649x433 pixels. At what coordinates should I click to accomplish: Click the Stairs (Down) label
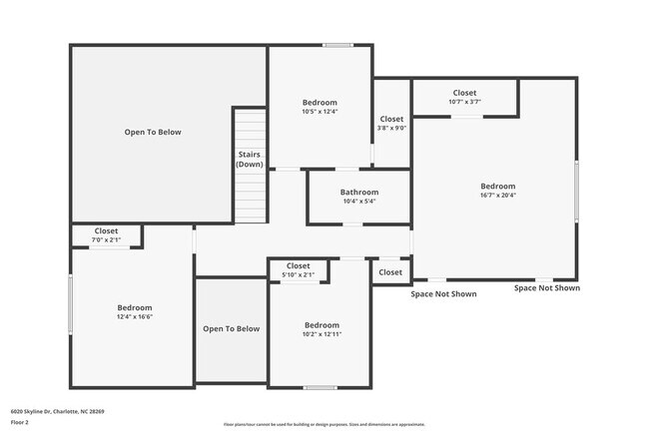[x=250, y=159]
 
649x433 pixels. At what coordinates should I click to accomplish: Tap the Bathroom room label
[x=359, y=192]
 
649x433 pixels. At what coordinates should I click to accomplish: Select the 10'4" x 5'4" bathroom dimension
[x=359, y=202]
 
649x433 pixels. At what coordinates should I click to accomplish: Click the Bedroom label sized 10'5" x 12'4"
[x=320, y=102]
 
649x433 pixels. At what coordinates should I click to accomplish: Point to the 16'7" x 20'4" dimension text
[x=497, y=196]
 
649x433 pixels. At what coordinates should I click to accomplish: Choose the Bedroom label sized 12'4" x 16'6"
[x=134, y=307]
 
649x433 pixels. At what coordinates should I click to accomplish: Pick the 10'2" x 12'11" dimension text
[x=322, y=335]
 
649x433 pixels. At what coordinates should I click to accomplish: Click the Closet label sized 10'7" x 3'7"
[x=464, y=92]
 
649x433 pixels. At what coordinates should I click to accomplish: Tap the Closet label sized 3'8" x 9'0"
[x=391, y=119]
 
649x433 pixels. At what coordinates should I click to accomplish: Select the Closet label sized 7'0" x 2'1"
[x=106, y=231]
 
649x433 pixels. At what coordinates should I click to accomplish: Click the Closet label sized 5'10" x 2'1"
[x=298, y=265]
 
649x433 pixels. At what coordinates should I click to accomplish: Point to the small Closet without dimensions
[x=390, y=272]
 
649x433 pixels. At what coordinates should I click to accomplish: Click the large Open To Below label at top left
[x=153, y=132]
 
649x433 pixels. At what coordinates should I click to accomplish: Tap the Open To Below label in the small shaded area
[x=231, y=328]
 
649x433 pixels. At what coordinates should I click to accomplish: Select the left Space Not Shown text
[x=443, y=294]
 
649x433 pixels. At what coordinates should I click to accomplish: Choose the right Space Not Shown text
[x=546, y=288]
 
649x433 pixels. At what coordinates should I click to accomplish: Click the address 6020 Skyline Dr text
[x=58, y=410]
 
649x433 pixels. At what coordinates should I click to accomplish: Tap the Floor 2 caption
[x=21, y=422]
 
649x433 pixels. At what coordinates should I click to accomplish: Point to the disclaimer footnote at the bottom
[x=324, y=424]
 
